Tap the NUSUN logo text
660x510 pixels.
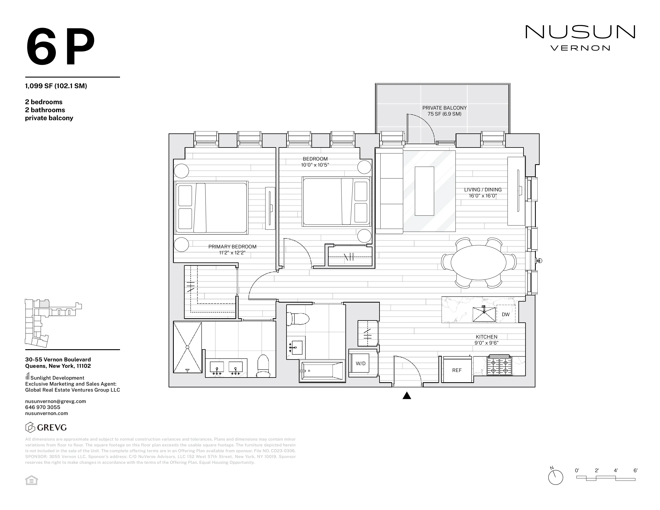580,32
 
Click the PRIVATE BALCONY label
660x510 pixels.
444,108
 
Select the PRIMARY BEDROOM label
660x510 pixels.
232,247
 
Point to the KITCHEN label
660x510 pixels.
486,337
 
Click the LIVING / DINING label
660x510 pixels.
483,190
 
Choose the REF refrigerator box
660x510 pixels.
457,370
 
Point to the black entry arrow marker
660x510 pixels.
407,396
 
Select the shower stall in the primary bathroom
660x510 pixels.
187,347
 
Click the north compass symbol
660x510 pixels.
555,478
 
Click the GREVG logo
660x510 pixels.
46,428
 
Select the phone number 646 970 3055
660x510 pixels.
43,407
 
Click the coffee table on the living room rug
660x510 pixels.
424,191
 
